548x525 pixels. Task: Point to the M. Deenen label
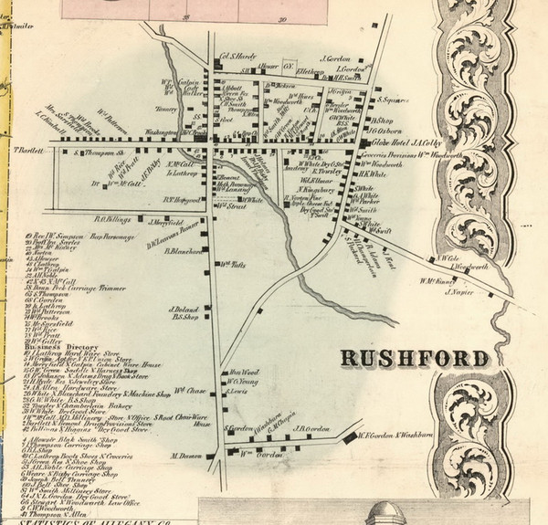coord(186,454)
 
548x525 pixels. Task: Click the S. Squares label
coord(391,102)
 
